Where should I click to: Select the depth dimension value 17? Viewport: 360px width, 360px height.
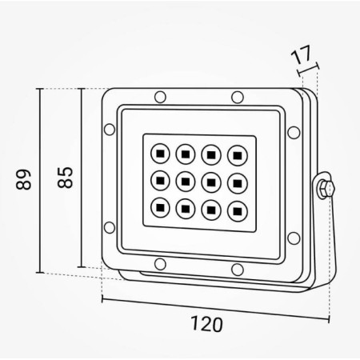(302, 58)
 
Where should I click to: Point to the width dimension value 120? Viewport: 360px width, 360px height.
(206, 324)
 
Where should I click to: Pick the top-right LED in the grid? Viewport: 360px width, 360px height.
(237, 153)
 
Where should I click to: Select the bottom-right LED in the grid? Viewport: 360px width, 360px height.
(237, 210)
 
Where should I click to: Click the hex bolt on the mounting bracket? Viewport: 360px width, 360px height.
(323, 190)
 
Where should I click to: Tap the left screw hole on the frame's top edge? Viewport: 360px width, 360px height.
(160, 98)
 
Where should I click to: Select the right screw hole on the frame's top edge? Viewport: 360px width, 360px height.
(237, 98)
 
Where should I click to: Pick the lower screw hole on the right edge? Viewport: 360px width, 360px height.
(293, 237)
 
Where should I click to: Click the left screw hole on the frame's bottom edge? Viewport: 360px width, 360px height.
(160, 264)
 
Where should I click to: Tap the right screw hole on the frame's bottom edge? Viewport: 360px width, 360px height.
(237, 268)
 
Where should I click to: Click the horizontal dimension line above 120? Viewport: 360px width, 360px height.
(216, 309)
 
